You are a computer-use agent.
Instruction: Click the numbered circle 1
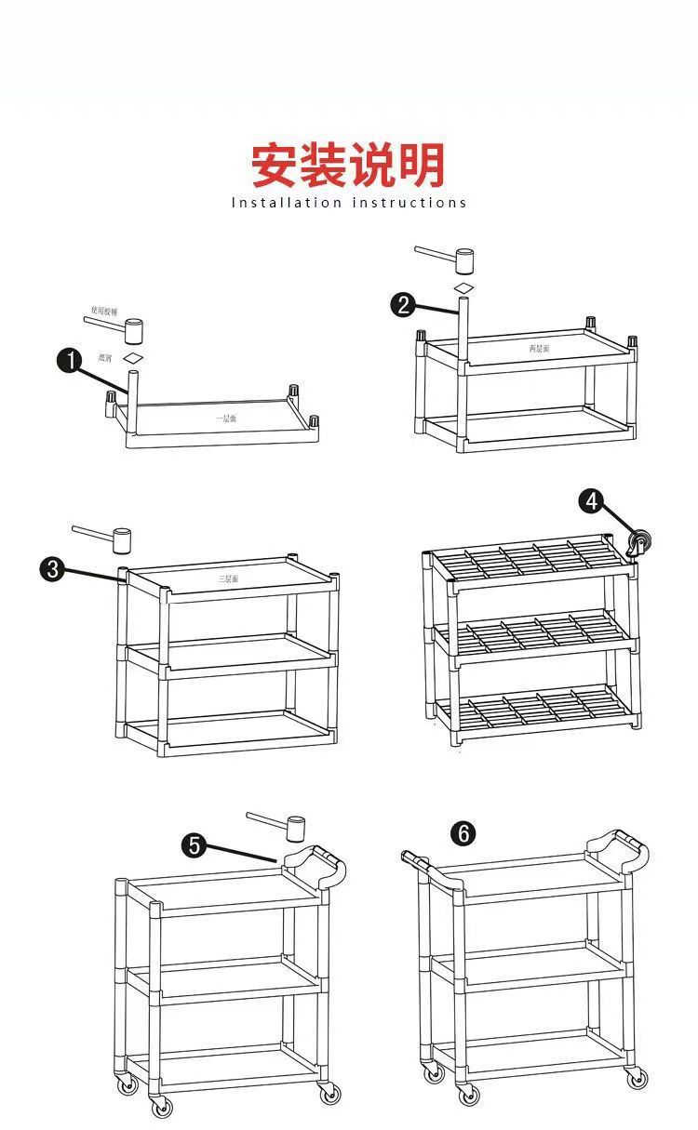point(70,361)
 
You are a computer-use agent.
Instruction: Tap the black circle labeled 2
point(403,304)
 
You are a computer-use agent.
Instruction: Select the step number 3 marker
point(52,568)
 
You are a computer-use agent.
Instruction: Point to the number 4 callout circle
point(590,501)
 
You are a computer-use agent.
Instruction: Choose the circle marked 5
point(195,844)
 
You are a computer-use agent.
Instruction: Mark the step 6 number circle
point(463,833)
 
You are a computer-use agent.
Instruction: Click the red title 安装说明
point(348,166)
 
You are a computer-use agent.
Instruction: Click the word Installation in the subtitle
point(287,203)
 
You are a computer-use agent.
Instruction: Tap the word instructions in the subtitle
point(409,203)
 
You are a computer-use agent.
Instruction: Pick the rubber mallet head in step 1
point(136,329)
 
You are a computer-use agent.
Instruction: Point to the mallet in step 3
point(122,538)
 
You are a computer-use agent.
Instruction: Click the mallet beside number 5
point(295,826)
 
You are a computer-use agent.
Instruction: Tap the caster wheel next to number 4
point(638,542)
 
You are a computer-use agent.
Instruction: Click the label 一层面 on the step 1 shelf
point(226,419)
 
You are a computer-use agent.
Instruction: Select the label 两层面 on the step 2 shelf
point(540,348)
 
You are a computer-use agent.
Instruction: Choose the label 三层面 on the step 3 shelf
point(229,578)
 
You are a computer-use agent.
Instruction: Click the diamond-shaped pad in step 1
point(135,357)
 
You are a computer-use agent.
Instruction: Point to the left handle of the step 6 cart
point(416,863)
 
